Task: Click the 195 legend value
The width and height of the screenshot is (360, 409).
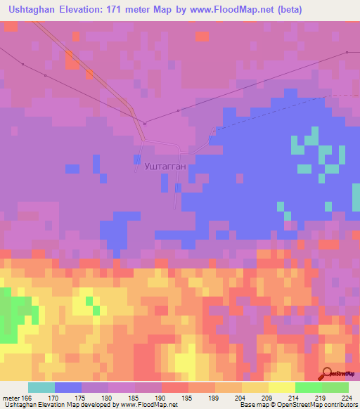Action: (186, 396)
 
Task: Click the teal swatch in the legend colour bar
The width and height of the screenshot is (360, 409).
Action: (41, 387)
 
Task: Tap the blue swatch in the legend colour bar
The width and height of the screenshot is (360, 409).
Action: (68, 387)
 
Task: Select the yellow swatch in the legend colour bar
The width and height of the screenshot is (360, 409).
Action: (281, 387)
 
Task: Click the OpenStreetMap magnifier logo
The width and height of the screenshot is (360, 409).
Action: (328, 372)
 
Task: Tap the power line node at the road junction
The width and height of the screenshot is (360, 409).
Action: (145, 124)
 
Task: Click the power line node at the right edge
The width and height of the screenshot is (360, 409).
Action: (347, 52)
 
